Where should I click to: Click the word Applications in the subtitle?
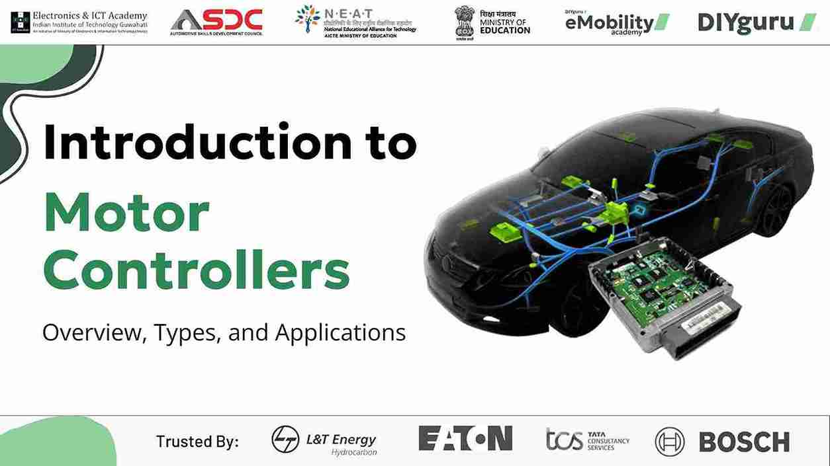pos(340,332)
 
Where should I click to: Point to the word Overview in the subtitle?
pos(93,332)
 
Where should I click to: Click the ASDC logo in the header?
pos(216,22)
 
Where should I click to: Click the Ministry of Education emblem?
pos(465,22)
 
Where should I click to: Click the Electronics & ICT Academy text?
pos(89,16)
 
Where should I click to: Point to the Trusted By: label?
pos(197,442)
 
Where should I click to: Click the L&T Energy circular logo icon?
pos(285,440)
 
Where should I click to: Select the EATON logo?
pos(465,438)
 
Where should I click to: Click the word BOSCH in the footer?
pos(744,442)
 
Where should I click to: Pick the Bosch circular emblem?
pos(669,442)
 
